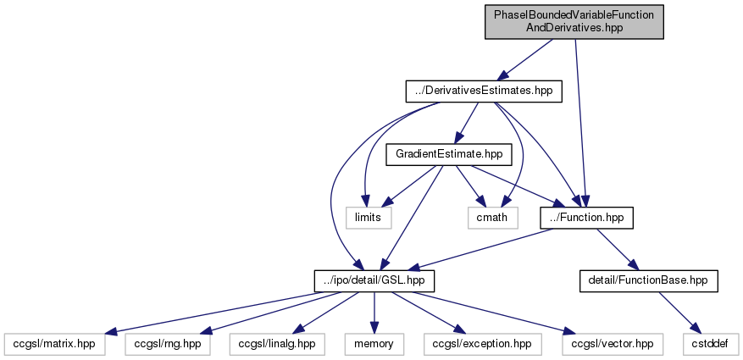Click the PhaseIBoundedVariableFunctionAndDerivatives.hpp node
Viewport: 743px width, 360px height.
tap(574, 22)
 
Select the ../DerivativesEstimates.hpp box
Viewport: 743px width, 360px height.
tap(484, 91)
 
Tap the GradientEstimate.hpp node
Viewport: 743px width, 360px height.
tap(444, 154)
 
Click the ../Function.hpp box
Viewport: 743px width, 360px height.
tap(586, 218)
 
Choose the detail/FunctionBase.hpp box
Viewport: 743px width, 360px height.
tap(648, 280)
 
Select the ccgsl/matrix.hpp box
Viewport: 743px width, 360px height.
tap(56, 343)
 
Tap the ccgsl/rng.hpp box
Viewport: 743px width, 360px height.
tap(169, 343)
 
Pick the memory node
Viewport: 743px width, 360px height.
tap(374, 343)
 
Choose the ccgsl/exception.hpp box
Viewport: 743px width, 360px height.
tap(479, 343)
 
